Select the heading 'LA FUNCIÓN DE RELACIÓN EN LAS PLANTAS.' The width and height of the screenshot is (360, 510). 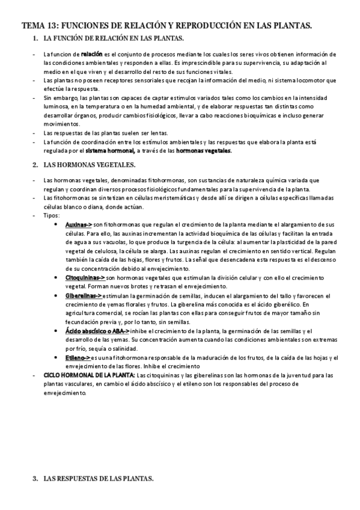click(114, 39)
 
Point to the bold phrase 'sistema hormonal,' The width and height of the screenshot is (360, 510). click(110, 151)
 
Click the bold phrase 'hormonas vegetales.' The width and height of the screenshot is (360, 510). click(204, 151)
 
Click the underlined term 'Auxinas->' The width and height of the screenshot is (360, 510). click(79, 224)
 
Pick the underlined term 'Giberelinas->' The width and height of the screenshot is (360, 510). click(84, 296)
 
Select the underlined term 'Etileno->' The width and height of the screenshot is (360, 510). click(78, 358)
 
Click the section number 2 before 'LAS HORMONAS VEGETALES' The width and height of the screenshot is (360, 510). click(35, 164)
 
